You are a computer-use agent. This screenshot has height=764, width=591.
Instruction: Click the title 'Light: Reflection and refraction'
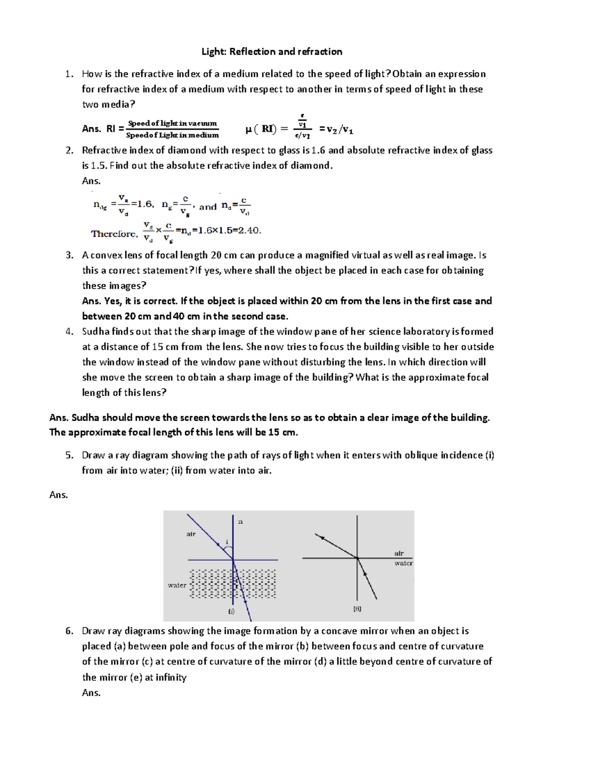tap(272, 52)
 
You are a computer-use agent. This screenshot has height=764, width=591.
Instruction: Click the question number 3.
tap(69, 255)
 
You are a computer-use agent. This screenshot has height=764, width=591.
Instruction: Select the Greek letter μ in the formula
tap(249, 129)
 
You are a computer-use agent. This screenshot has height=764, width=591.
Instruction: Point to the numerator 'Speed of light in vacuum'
tap(172, 123)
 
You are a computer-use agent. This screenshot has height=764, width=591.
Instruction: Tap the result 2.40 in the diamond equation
tap(249, 230)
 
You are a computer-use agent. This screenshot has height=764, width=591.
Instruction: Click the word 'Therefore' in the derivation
tap(114, 234)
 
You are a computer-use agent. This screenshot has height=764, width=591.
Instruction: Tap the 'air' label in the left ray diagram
tap(191, 534)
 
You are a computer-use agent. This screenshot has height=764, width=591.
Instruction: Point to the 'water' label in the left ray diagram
tap(177, 585)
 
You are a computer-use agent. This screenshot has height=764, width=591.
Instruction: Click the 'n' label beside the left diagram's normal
tap(240, 521)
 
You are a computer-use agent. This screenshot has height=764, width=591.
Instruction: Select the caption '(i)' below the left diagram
tap(231, 611)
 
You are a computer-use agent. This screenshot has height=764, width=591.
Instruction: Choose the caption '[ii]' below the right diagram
tap(357, 609)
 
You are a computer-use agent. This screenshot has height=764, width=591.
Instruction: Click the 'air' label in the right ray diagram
tap(399, 553)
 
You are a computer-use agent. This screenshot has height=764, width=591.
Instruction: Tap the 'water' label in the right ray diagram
tap(403, 563)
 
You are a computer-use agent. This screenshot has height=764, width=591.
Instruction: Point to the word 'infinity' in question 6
tap(171, 677)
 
